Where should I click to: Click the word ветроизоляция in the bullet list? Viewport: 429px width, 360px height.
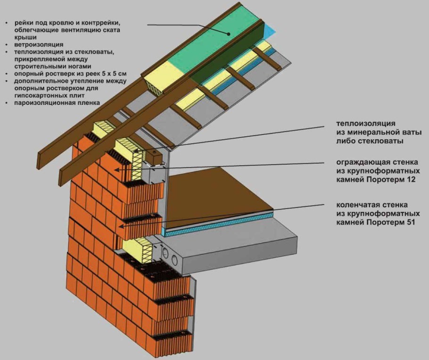pyautogui.click(x=39, y=44)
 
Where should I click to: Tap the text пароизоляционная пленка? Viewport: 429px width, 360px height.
pyautogui.click(x=57, y=103)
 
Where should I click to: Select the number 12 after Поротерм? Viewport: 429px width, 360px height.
pyautogui.click(x=411, y=180)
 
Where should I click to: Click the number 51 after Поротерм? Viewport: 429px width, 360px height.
pyautogui.click(x=410, y=222)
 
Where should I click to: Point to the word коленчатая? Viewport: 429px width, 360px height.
pyautogui.click(x=355, y=205)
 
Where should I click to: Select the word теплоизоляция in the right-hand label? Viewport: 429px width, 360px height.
pyautogui.click(x=366, y=124)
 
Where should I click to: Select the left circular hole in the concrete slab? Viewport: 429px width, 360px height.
pyautogui.click(x=165, y=252)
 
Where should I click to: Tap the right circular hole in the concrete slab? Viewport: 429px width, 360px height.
pyautogui.click(x=174, y=259)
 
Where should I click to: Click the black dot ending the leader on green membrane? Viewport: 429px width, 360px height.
pyautogui.click(x=229, y=34)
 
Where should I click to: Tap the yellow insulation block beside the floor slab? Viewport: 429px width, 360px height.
pyautogui.click(x=138, y=250)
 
